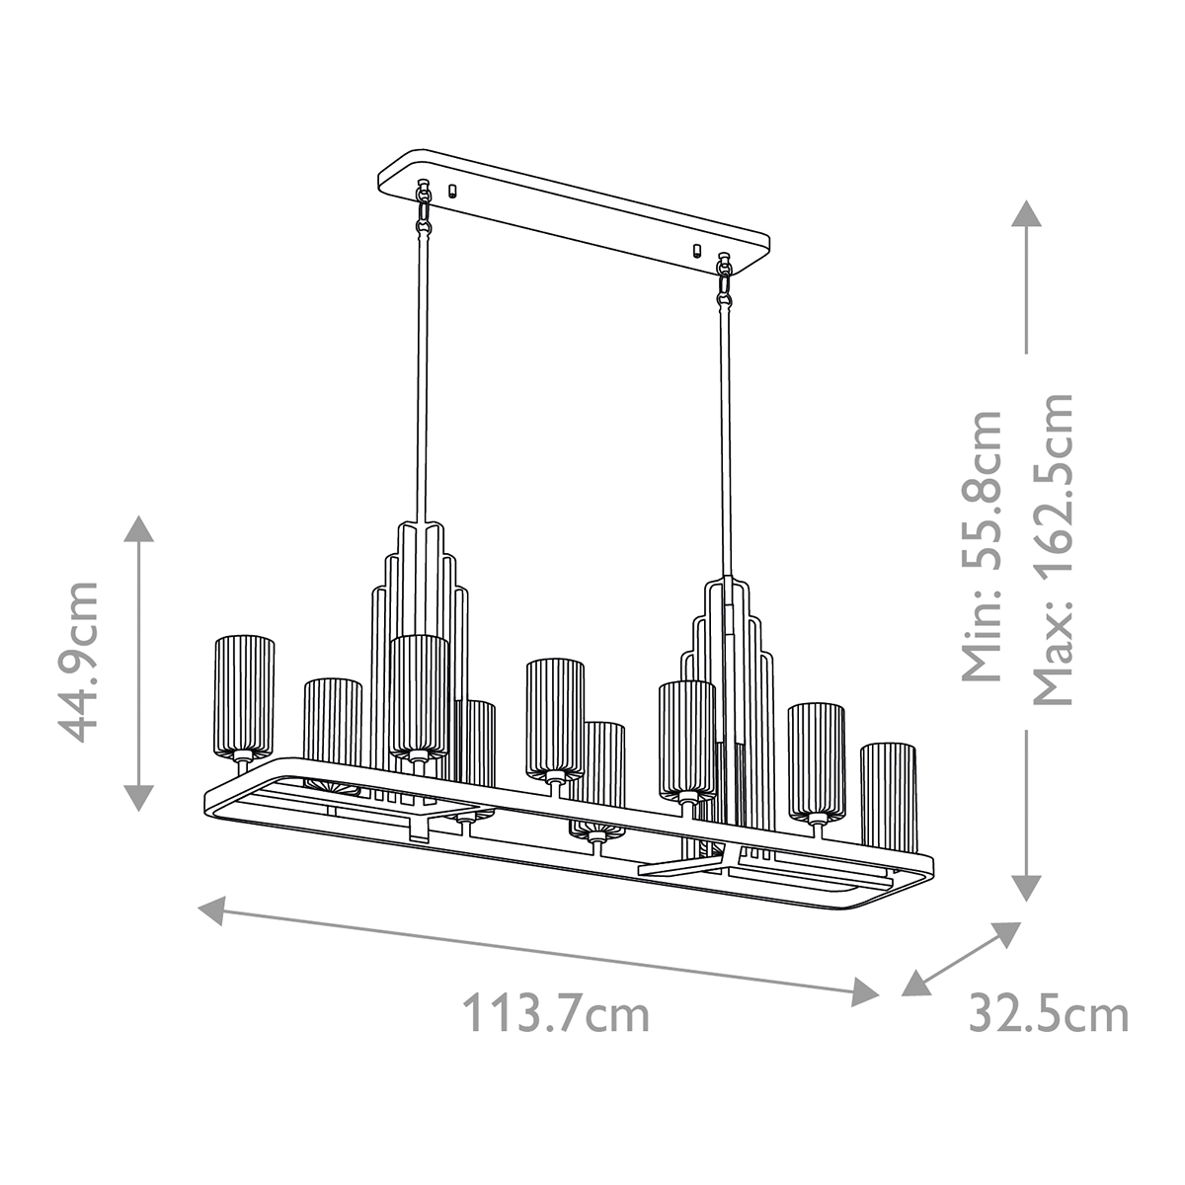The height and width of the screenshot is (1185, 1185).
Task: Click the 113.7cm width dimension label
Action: [x=557, y=1014]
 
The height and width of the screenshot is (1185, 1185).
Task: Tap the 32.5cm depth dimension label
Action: [x=1048, y=1014]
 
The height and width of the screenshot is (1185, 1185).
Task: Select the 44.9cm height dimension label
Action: [x=79, y=661]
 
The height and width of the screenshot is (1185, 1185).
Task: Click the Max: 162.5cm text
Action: [x=1052, y=548]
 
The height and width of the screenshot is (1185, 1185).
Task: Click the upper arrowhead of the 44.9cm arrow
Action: [x=139, y=528]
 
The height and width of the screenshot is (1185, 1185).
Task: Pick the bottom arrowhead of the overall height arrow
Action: [x=1027, y=888]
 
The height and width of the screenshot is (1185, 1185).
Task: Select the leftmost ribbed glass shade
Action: [x=244, y=697]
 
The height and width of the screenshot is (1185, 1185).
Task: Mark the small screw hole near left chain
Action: [x=453, y=190]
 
